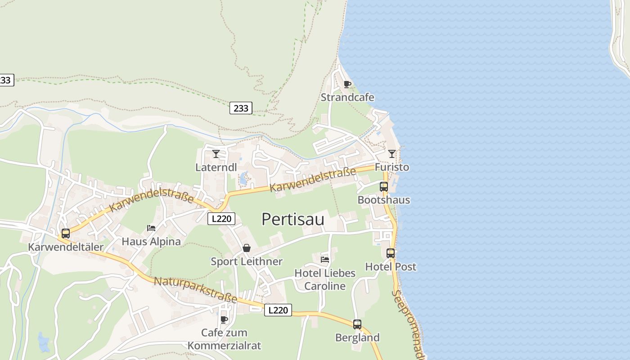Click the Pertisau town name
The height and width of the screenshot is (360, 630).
292,219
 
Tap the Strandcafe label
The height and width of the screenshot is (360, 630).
347,97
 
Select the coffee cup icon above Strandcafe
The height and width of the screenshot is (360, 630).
347,84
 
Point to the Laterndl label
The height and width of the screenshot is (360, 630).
216,167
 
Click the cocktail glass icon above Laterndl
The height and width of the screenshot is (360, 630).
216,154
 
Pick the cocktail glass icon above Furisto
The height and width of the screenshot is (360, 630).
392,154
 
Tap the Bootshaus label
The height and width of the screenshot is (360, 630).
384,200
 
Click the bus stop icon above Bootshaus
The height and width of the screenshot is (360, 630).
384,186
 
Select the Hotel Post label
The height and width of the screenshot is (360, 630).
391,266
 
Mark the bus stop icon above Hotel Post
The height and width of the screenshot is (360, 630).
391,253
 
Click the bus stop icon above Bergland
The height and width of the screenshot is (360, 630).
357,324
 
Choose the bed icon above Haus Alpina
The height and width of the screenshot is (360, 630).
151,228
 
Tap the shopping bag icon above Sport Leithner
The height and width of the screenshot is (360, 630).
247,248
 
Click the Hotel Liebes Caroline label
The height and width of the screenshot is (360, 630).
325,279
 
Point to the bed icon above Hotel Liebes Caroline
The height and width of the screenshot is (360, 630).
325,259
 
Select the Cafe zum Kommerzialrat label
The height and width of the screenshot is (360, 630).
224,339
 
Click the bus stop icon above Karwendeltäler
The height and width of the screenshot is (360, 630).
66,234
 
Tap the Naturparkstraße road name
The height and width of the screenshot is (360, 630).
195,290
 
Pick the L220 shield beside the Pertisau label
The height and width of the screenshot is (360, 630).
222,219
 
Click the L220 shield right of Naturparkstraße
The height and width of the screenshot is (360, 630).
278,310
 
